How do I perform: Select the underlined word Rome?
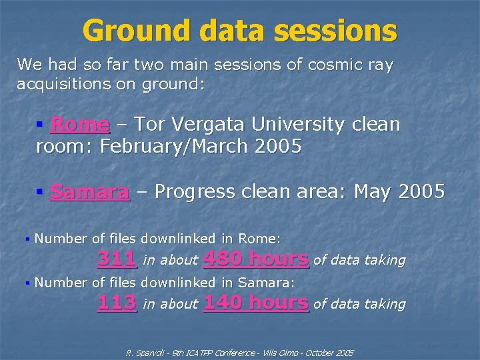pyautogui.click(x=79, y=125)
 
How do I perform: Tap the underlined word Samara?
pyautogui.click(x=90, y=192)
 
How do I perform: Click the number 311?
pyautogui.click(x=117, y=258)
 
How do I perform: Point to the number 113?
pyautogui.click(x=117, y=303)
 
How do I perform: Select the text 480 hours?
pyautogui.click(x=256, y=258)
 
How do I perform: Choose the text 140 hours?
pyautogui.click(x=256, y=303)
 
